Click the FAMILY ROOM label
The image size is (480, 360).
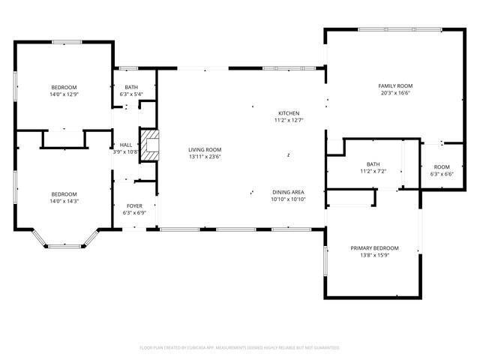click(x=395, y=86)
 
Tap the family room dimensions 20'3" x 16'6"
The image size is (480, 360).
click(x=395, y=94)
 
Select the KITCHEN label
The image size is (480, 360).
click(x=288, y=112)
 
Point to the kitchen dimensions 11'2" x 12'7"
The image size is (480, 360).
click(x=288, y=120)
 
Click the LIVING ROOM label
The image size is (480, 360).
click(x=205, y=150)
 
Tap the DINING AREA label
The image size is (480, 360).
click(x=287, y=193)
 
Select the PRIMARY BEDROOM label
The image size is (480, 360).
click(x=374, y=248)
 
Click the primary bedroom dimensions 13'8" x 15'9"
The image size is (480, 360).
click(x=374, y=255)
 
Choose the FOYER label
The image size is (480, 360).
click(x=133, y=205)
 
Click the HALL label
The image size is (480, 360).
click(x=125, y=145)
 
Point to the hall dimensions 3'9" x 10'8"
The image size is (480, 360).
click(x=126, y=151)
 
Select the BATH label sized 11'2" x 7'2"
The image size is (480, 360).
click(x=373, y=164)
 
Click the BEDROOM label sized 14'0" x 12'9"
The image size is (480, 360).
click(x=64, y=88)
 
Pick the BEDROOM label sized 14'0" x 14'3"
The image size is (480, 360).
click(x=64, y=193)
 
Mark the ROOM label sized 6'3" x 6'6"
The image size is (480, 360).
click(x=442, y=166)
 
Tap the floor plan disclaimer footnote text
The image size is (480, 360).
click(x=240, y=348)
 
